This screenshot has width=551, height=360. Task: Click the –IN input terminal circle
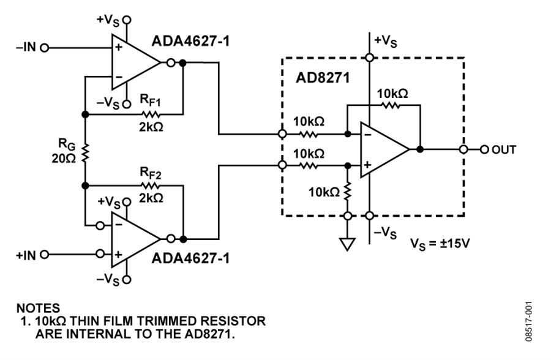[44, 48]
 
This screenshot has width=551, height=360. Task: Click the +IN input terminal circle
[44, 254]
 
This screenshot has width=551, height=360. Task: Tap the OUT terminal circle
[485, 149]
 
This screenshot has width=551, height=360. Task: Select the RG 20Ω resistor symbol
[85, 152]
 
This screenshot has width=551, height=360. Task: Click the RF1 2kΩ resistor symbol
[151, 114]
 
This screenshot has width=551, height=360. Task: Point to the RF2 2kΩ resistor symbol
[151, 186]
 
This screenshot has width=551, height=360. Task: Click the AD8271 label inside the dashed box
[323, 78]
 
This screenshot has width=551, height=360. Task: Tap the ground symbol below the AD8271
[347, 244]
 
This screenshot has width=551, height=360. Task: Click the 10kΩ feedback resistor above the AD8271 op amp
[390, 105]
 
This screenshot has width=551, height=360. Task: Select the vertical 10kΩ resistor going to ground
[348, 192]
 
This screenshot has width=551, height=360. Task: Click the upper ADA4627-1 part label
[190, 41]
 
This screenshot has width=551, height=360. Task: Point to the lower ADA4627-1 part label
[190, 258]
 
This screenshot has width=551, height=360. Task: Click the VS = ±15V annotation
[440, 244]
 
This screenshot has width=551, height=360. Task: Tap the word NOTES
[39, 308]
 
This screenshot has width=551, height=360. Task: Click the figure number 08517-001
[529, 321]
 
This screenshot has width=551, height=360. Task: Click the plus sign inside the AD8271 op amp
[367, 165]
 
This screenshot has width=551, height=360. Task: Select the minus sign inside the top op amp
[119, 77]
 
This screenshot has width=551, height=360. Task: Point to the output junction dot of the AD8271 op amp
[420, 149]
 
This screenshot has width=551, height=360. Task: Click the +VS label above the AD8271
[386, 41]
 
